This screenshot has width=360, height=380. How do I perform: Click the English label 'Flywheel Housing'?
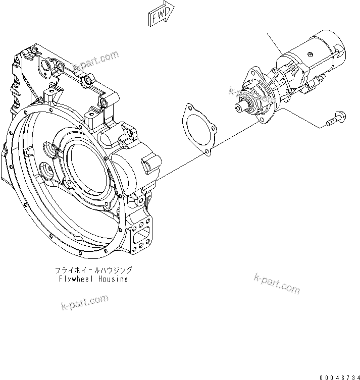(x=93, y=279)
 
